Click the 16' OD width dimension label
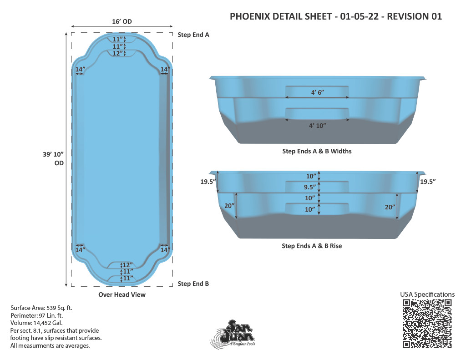point(122,21)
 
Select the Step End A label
point(193,35)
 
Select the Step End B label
point(193,284)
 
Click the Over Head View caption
point(122,294)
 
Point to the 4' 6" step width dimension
point(317,92)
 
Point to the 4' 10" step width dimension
point(317,126)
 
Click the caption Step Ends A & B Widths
point(317,151)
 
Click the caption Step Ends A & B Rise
point(312,246)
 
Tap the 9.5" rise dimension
point(309,187)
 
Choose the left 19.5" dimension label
point(208,182)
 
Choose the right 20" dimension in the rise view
point(390,207)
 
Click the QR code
point(427,324)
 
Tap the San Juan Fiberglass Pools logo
point(233,334)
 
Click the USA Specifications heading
point(427,294)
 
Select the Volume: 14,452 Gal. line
point(36,323)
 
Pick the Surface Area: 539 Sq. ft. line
point(41,308)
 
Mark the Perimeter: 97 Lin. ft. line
point(37,315)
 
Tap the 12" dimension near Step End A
point(117,54)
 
